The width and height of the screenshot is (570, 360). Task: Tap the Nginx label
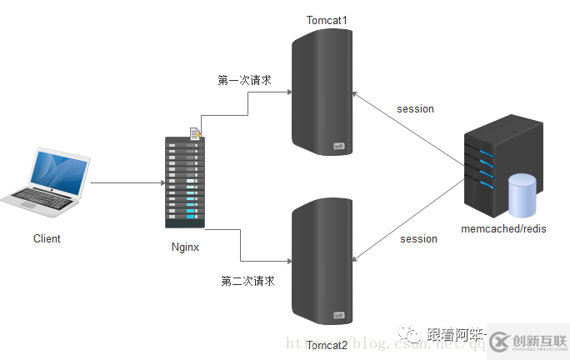tap(186, 247)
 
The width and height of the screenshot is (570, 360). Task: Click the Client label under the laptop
tap(47, 238)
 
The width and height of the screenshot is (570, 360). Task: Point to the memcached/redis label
tap(503, 229)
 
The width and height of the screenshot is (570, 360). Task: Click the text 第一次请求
tap(244, 81)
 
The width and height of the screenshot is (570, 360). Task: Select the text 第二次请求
tap(247, 281)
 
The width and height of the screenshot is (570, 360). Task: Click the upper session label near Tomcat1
tap(415, 109)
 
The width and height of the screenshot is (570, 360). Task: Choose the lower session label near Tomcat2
tap(418, 239)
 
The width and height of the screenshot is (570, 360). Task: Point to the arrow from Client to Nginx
tap(125, 182)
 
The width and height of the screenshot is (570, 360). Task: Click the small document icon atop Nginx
tap(195, 132)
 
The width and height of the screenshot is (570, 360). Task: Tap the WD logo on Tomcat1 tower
tap(339, 147)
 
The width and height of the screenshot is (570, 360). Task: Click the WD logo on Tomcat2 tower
tap(339, 315)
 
